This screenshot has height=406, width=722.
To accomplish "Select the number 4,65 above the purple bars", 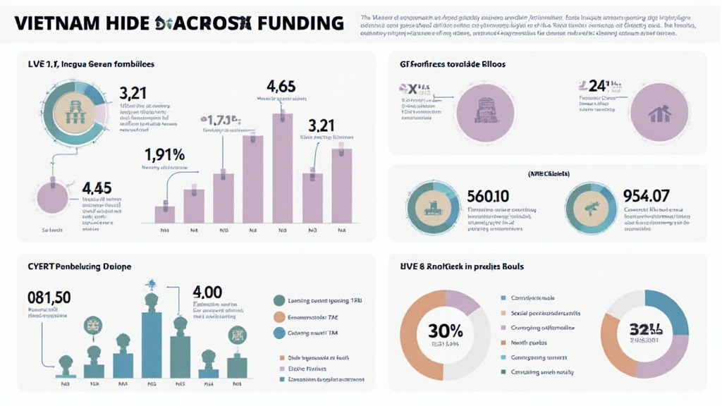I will (281, 87).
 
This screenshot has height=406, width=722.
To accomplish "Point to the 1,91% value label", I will (164, 154).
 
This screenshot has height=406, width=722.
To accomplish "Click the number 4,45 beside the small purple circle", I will (97, 188).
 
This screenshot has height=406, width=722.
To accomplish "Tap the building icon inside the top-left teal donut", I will (75, 113).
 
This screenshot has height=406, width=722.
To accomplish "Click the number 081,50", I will (49, 297).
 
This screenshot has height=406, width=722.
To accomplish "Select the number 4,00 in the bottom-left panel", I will (207, 292).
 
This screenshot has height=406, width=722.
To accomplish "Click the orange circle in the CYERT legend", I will (279, 316).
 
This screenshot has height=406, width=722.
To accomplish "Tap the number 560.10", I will (488, 195).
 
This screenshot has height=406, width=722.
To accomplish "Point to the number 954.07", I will (646, 195).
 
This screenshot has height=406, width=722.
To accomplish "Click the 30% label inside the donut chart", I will (446, 330).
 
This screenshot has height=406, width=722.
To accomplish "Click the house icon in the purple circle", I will (659, 113).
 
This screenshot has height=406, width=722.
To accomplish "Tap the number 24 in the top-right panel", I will (596, 86).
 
